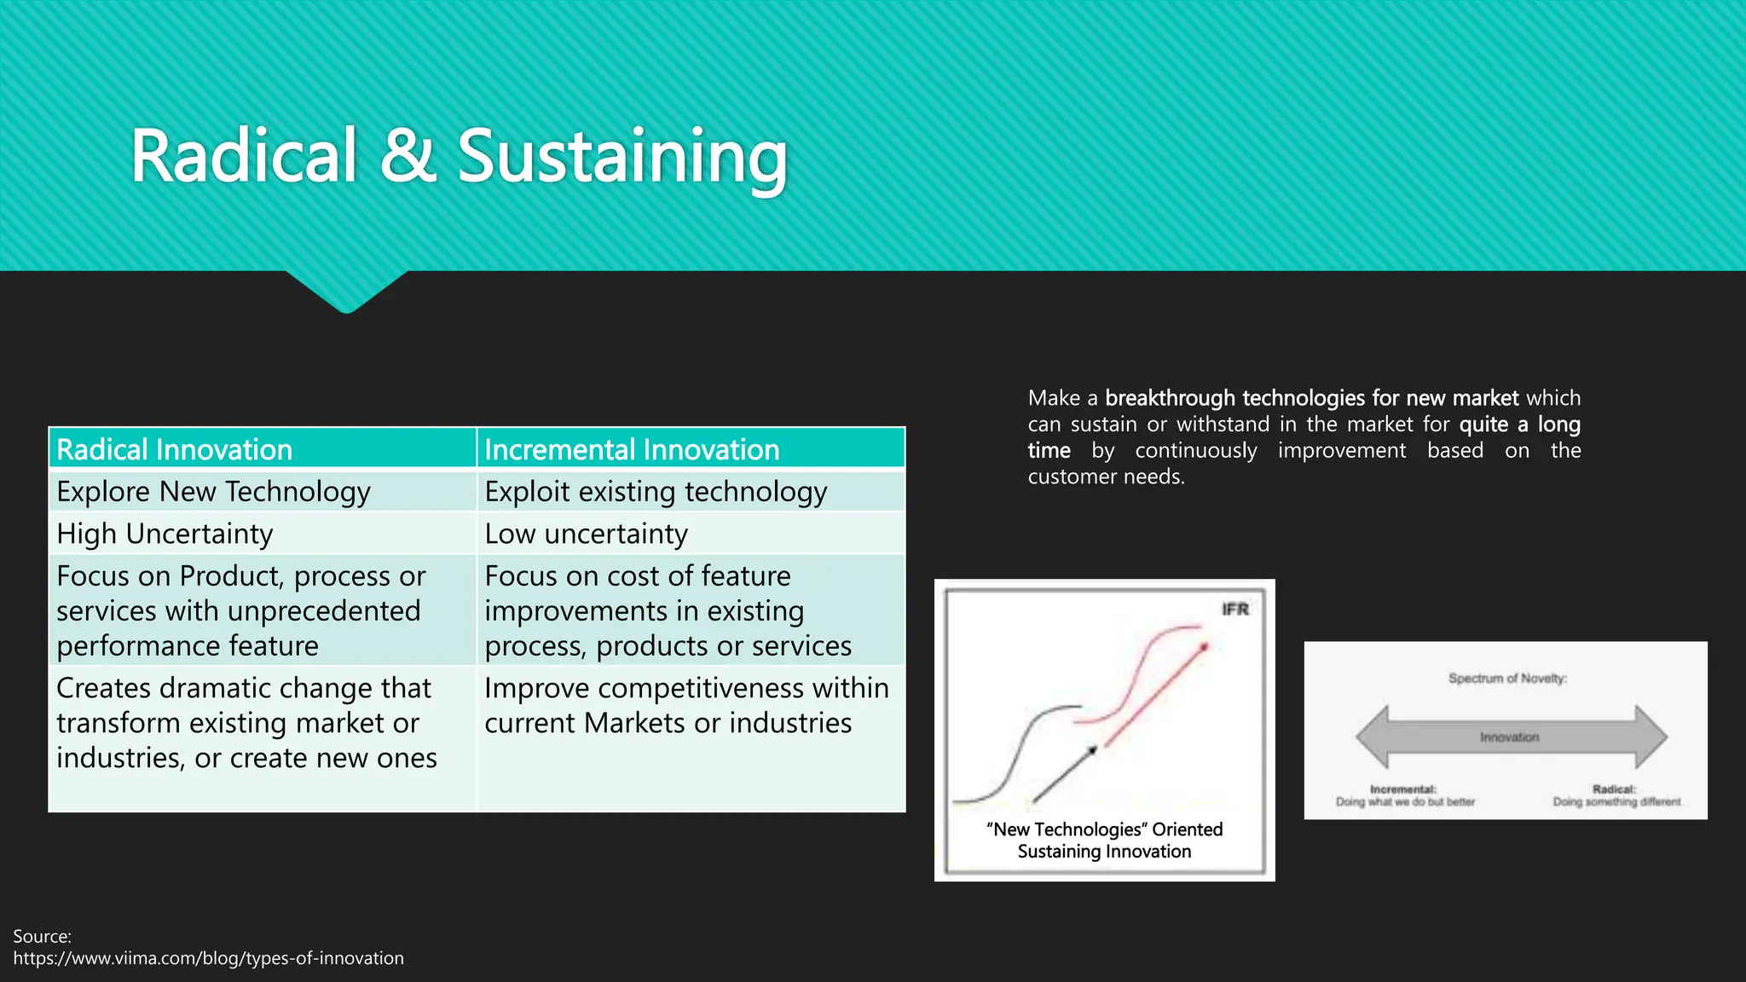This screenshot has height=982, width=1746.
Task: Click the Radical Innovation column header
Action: pyautogui.click(x=175, y=449)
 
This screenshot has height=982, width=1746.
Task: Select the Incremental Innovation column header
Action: pyautogui.click(x=632, y=449)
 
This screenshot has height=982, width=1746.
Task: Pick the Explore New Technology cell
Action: pyautogui.click(x=213, y=492)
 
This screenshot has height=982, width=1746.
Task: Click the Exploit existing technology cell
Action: pyautogui.click(x=656, y=492)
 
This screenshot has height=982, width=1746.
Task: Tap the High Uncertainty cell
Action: pyautogui.click(x=165, y=534)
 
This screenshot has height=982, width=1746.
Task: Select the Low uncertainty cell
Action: pyautogui.click(x=586, y=534)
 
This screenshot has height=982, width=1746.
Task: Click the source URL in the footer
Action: pyautogui.click(x=208, y=958)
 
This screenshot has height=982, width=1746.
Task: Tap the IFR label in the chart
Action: pyautogui.click(x=1234, y=609)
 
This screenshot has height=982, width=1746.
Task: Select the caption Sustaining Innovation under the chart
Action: pyautogui.click(x=1104, y=852)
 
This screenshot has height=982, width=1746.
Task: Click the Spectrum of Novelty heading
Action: pyautogui.click(x=1506, y=679)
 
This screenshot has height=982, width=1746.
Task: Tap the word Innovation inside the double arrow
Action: pyautogui.click(x=1509, y=737)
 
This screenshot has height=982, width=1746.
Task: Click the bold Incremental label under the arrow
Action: pyautogui.click(x=1402, y=789)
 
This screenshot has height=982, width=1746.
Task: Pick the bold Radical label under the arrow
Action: pyautogui.click(x=1614, y=789)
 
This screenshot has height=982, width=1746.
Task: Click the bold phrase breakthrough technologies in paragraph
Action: pyautogui.click(x=1236, y=398)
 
